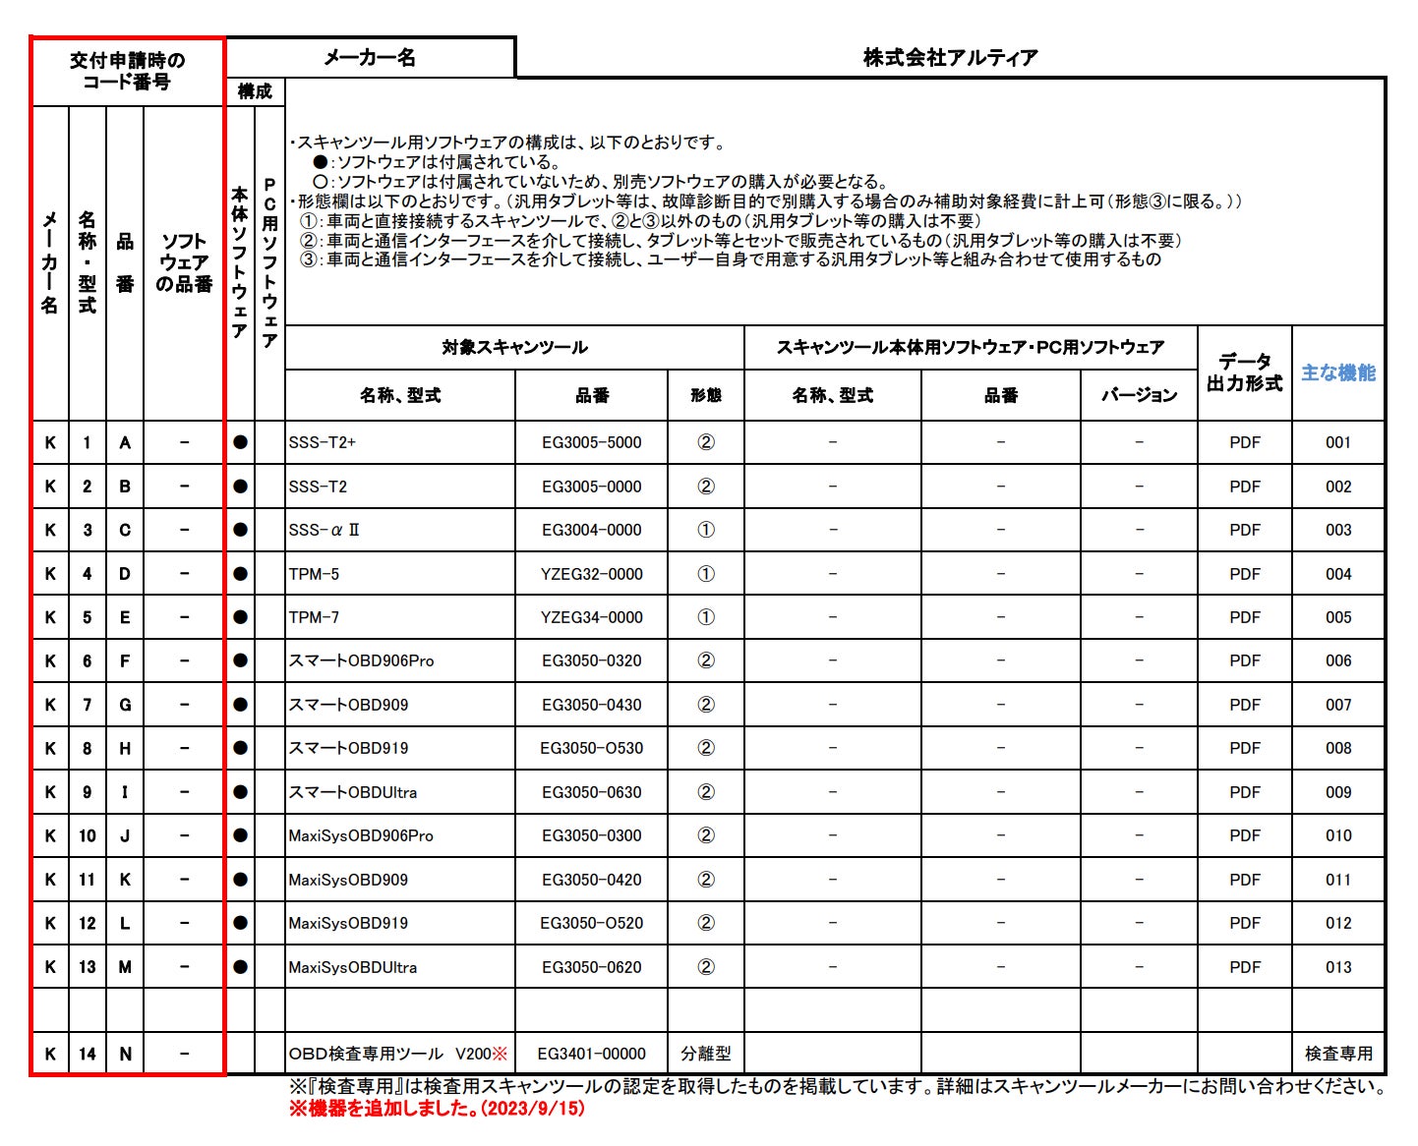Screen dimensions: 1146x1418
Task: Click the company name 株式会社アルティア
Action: pos(950,58)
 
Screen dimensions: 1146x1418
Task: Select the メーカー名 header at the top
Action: pos(370,58)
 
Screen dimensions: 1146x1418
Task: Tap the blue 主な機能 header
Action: pos(1337,372)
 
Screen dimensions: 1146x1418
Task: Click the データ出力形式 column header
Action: pos(1244,372)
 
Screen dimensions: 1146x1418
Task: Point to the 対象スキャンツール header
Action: pos(514,347)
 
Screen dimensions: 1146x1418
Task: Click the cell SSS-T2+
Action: pos(323,442)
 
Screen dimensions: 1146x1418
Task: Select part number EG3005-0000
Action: pos(591,487)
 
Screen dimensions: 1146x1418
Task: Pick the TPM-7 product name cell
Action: pos(314,617)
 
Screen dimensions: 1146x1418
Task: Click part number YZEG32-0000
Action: pos(591,574)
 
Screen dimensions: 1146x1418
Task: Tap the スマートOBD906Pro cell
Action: pos(361,660)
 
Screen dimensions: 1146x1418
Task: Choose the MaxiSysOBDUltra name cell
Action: pos(352,967)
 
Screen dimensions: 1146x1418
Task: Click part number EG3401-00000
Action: pos(591,1054)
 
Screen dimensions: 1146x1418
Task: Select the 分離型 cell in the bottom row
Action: pos(705,1054)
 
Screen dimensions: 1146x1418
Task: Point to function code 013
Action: pos(1337,967)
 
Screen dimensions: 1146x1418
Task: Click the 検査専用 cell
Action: pos(1337,1054)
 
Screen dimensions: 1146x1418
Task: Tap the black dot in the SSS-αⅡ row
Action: pos(240,530)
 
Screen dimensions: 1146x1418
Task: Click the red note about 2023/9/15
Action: pos(436,1109)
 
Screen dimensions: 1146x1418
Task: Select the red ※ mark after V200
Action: pos(500,1054)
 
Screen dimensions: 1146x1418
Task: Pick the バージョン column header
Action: pos(1138,395)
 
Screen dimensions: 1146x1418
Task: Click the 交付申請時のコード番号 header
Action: pos(127,71)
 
